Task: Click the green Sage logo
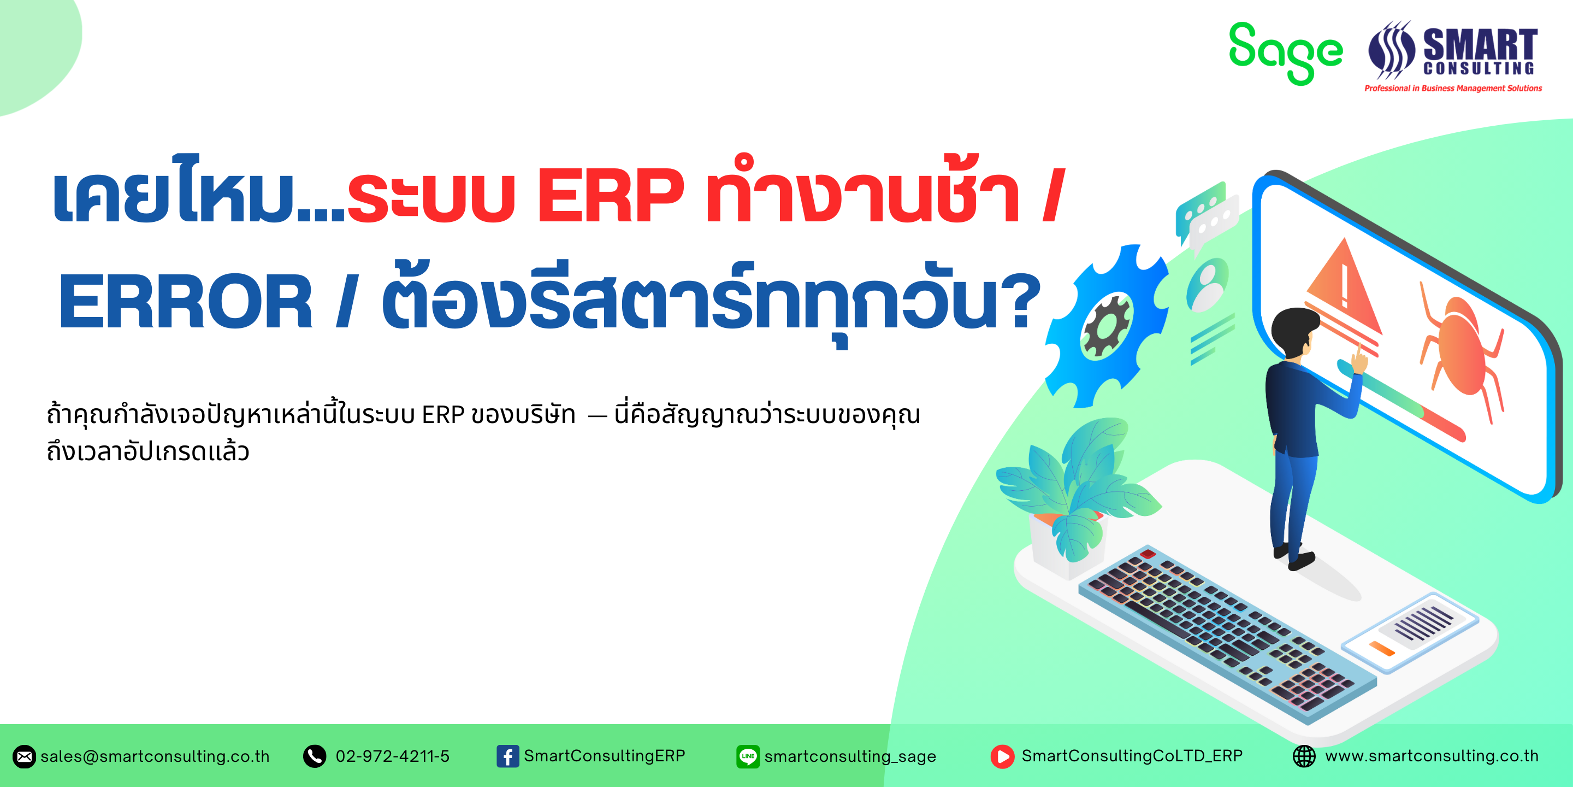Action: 1285,53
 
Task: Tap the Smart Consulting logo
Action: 1453,56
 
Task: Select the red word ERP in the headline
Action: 610,196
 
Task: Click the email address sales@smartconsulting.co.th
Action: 155,756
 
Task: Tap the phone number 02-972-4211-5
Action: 392,756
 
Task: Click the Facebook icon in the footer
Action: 507,756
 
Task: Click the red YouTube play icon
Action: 1002,756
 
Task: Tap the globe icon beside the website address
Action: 1304,756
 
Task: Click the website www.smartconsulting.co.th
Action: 1432,756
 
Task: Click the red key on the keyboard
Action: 1148,554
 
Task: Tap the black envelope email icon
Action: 25,756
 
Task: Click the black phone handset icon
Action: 315,756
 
